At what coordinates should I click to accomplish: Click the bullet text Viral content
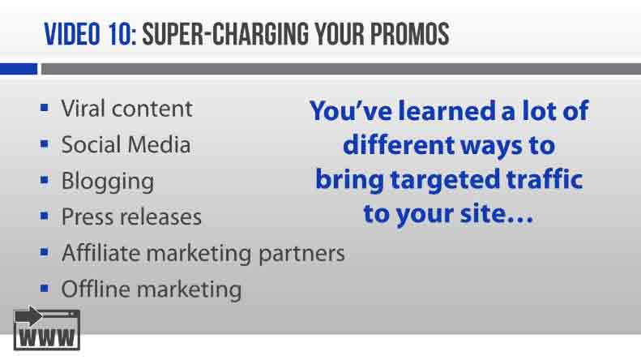(126, 109)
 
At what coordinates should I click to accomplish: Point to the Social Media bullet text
(126, 145)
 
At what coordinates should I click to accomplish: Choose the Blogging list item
(107, 182)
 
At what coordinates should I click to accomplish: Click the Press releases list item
(131, 217)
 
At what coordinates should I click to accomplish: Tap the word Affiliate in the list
(100, 253)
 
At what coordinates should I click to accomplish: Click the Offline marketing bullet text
(151, 289)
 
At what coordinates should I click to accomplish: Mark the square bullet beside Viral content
(45, 107)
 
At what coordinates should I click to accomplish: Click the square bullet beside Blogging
(45, 179)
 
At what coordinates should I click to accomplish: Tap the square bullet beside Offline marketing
(45, 288)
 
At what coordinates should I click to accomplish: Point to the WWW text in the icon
(47, 336)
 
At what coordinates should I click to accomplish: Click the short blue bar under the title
(19, 70)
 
